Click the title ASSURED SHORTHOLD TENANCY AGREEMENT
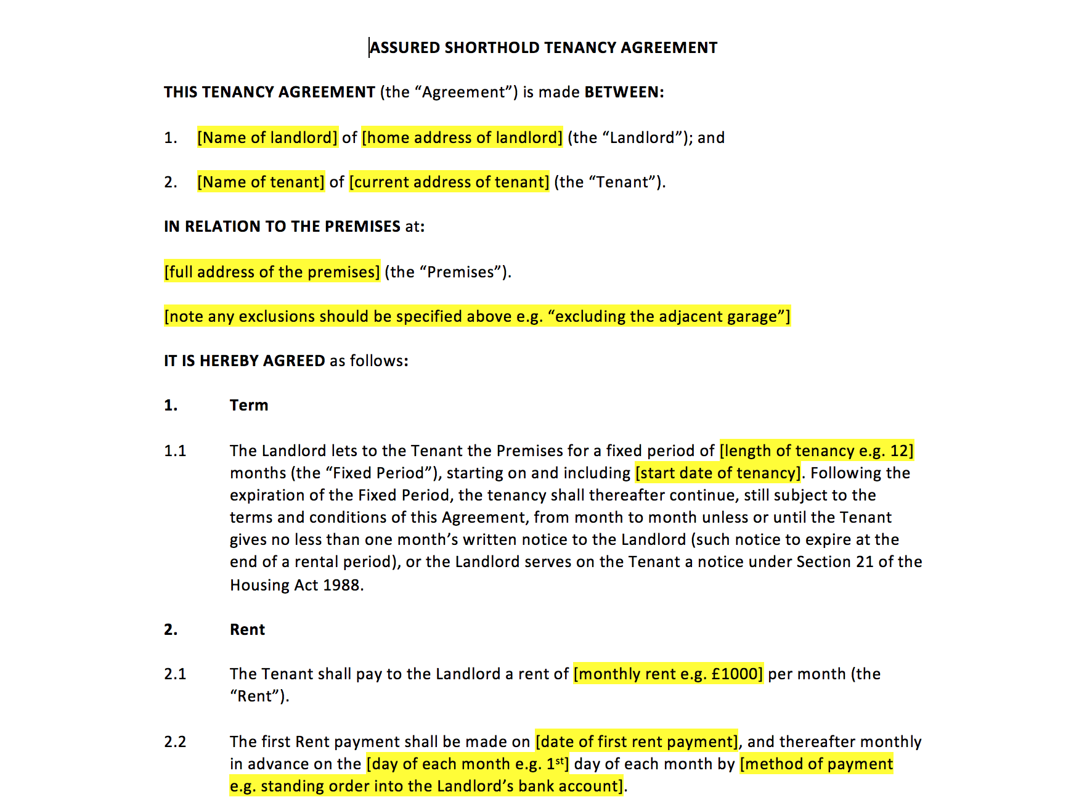543,48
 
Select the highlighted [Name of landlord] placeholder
267,137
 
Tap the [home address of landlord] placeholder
462,137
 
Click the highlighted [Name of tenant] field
261,182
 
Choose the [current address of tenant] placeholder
449,182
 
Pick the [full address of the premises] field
272,272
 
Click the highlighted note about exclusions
477,316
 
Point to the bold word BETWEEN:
624,92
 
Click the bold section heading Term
249,406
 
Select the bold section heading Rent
247,630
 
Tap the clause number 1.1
175,451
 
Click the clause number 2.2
175,742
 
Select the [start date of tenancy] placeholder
719,473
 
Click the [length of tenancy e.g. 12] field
816,451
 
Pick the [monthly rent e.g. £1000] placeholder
668,674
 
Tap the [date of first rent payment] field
637,742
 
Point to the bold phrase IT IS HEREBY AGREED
244,361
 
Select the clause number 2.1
175,674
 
